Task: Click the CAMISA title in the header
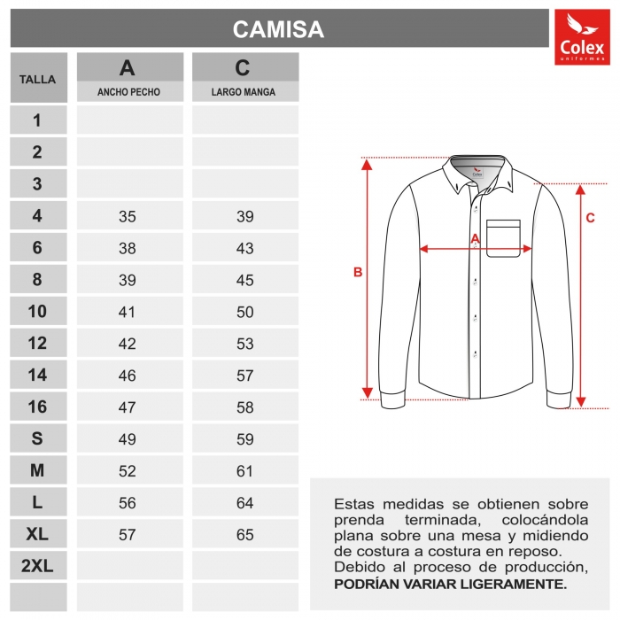click(278, 29)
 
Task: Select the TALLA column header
click(37, 79)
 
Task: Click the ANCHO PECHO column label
click(128, 92)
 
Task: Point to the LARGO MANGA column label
click(244, 92)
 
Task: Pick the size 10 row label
click(37, 311)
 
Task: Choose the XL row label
click(37, 534)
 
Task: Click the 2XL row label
click(37, 566)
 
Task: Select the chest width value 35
click(128, 217)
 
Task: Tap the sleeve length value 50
click(244, 312)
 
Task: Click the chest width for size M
click(128, 471)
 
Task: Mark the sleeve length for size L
click(244, 503)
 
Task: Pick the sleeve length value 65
click(244, 535)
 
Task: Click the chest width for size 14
click(128, 376)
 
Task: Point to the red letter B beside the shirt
click(358, 273)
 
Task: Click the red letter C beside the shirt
click(590, 217)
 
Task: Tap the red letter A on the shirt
click(474, 238)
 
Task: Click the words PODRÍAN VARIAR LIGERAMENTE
click(450, 585)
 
